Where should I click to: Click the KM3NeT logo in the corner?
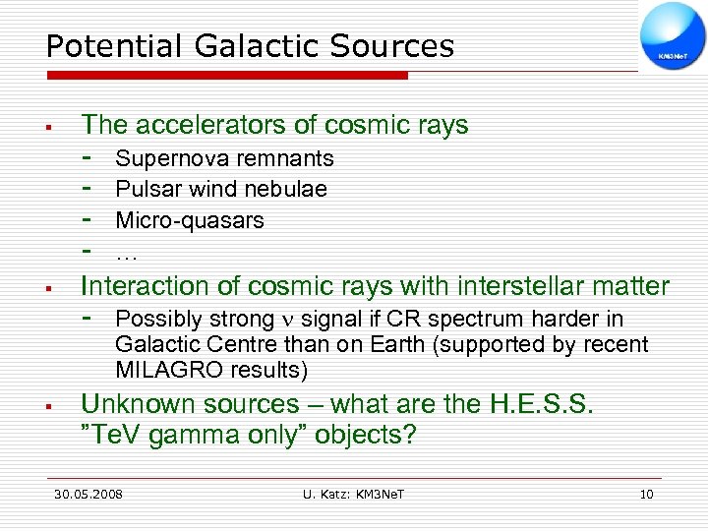point(672,35)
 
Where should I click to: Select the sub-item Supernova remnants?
point(224,158)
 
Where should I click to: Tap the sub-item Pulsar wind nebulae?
point(221,189)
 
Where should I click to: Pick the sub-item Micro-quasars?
point(190,220)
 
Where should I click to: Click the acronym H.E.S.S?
point(544,404)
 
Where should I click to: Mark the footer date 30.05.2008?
point(88,494)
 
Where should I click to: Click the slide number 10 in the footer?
point(646,494)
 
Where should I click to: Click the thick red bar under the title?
point(226,75)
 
